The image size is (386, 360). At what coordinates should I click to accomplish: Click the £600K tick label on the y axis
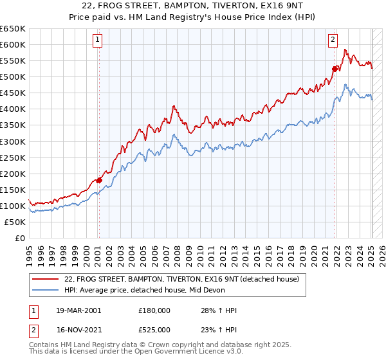pos(13,44)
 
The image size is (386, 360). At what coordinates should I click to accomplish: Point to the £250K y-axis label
pos(13,157)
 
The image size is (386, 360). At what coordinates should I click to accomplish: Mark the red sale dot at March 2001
pos(99,180)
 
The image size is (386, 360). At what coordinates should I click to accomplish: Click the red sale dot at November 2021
pos(335,69)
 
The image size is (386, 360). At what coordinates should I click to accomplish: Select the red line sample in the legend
pos(45,280)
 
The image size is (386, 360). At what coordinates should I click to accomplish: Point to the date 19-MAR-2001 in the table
pos(78,310)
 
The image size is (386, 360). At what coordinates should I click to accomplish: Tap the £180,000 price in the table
pos(154,310)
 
